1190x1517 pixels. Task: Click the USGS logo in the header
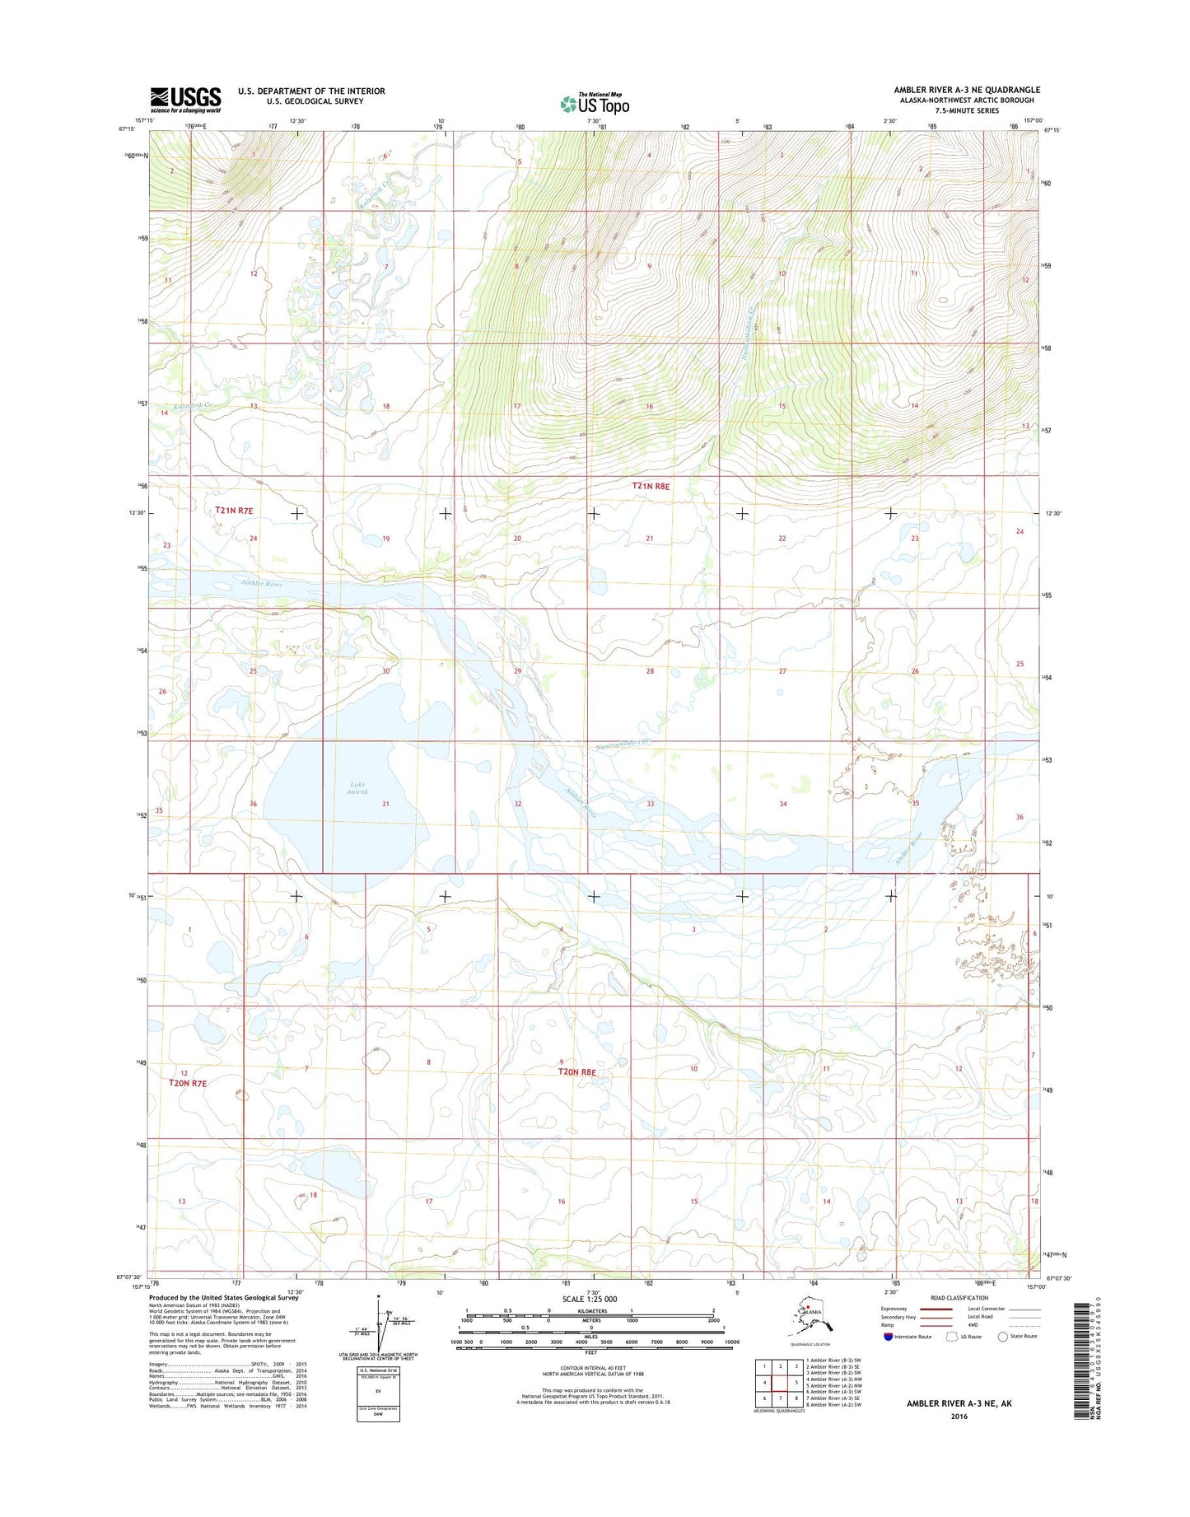pyautogui.click(x=185, y=99)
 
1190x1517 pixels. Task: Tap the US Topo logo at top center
pyautogui.click(x=595, y=104)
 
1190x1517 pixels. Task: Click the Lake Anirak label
pyautogui.click(x=357, y=788)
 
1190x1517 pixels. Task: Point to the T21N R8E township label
pyautogui.click(x=651, y=486)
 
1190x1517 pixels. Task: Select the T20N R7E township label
pyautogui.click(x=188, y=1083)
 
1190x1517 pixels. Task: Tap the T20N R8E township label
pyautogui.click(x=576, y=1072)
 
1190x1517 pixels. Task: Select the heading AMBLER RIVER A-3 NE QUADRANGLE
pyautogui.click(x=967, y=90)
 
